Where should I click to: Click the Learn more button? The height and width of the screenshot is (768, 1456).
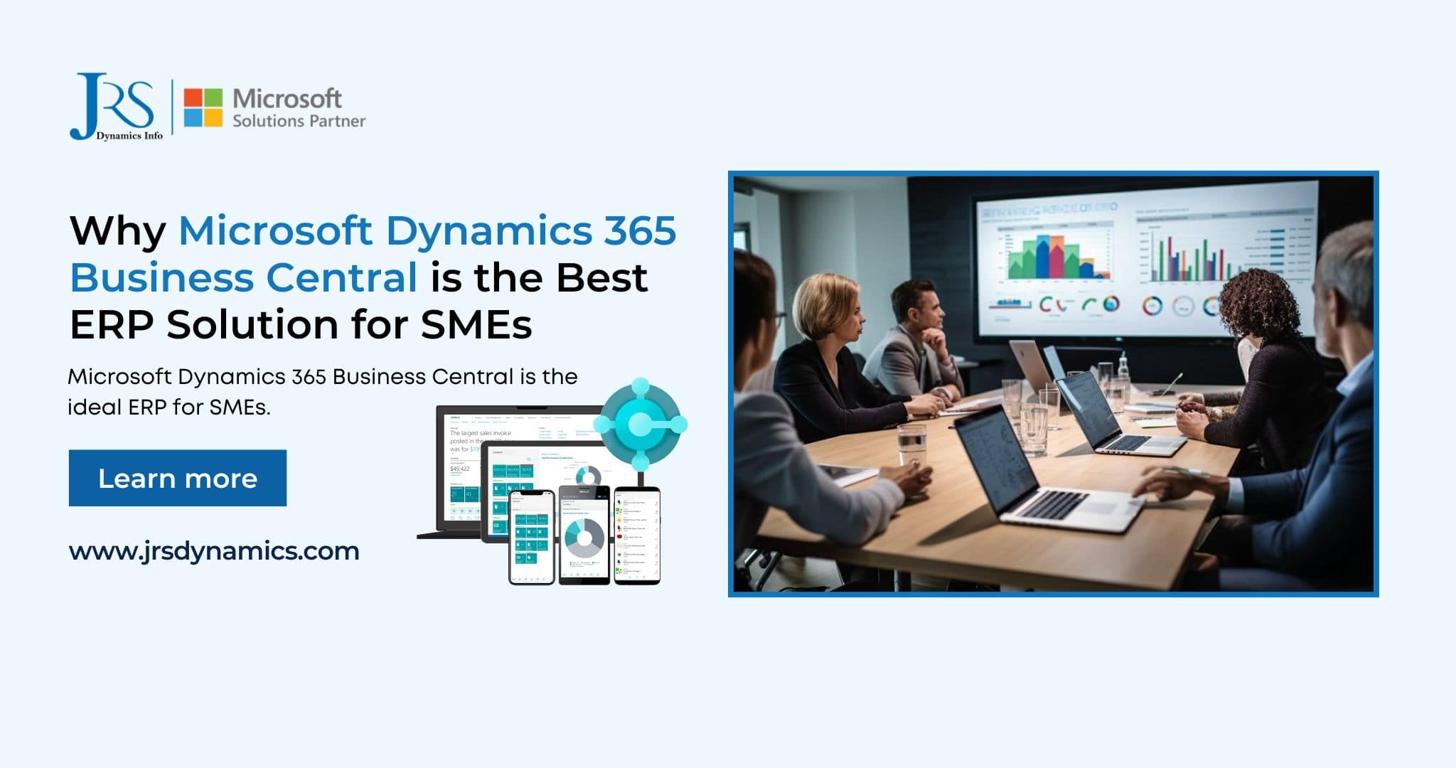pyautogui.click(x=178, y=478)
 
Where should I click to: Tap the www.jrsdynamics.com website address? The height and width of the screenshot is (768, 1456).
pyautogui.click(x=214, y=551)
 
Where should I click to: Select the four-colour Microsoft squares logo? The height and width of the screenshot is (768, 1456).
pyautogui.click(x=203, y=107)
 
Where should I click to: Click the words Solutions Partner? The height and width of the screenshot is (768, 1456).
pyautogui.click(x=299, y=121)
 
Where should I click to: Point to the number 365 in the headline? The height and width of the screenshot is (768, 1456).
pyautogui.click(x=639, y=230)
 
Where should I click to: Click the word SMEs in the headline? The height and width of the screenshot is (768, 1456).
pyautogui.click(x=476, y=325)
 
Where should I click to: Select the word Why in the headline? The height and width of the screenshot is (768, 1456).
pyautogui.click(x=118, y=230)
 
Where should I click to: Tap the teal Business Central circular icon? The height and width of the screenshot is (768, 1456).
pyautogui.click(x=640, y=425)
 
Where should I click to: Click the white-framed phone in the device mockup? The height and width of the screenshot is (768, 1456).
pyautogui.click(x=531, y=537)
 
